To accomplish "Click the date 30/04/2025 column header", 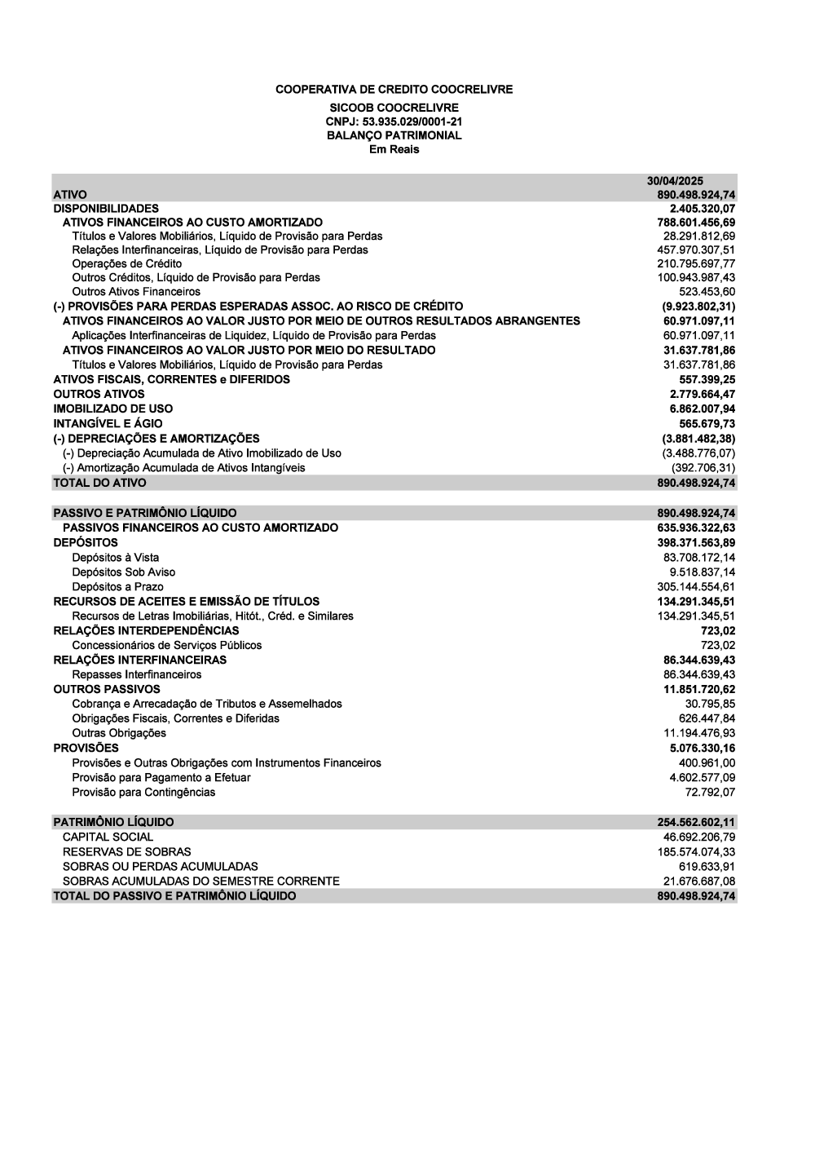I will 675,181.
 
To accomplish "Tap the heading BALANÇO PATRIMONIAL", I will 394,135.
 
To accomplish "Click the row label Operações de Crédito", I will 127,263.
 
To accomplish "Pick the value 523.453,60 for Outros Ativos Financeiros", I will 707,291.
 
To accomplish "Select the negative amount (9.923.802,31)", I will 698,306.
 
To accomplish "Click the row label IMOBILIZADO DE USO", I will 113,409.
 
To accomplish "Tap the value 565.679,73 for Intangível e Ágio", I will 707,423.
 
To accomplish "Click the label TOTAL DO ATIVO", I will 100,483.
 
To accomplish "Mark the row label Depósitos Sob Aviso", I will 124,572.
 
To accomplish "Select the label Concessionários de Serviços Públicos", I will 167,645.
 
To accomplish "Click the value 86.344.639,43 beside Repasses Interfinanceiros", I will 699,674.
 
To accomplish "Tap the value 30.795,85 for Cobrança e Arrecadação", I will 711,704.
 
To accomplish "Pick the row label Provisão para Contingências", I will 144,792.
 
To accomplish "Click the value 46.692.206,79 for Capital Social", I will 699,837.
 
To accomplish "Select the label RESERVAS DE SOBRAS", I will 127,851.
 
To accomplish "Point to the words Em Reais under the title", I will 394,150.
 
